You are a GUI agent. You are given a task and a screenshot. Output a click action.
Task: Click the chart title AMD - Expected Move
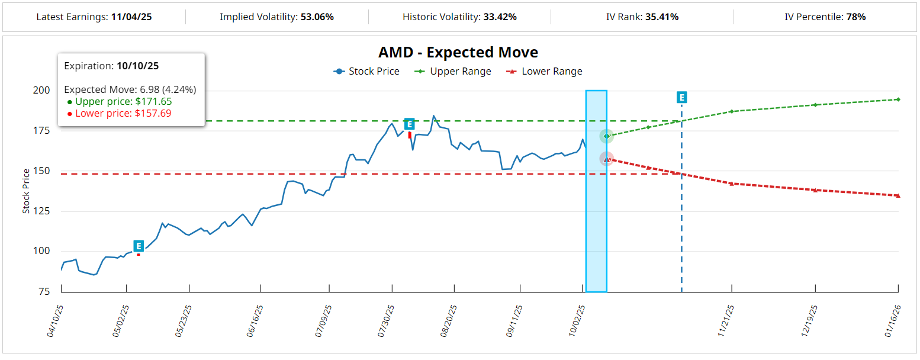tap(458, 52)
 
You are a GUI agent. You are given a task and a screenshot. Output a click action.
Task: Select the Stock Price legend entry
tap(367, 72)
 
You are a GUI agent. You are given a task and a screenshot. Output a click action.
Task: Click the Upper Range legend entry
tap(454, 72)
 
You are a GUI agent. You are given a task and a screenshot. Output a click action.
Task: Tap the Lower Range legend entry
tap(545, 72)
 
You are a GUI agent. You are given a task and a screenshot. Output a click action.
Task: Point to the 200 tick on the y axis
tap(41, 91)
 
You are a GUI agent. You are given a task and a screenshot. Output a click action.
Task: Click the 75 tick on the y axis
tap(44, 291)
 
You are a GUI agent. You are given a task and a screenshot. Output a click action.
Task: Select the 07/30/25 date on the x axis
tap(387, 321)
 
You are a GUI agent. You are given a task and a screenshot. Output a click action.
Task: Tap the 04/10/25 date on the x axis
tap(56, 321)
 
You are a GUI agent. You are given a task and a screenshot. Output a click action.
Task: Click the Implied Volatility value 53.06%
tap(317, 17)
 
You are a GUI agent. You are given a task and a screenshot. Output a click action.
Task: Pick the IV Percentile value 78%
tap(856, 17)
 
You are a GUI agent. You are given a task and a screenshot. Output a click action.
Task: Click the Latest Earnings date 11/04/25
tap(131, 17)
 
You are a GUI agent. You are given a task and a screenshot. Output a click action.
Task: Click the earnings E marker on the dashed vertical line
tap(681, 98)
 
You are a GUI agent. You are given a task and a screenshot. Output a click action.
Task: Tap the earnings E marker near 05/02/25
tap(139, 246)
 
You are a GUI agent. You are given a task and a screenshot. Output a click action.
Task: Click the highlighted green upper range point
tap(606, 136)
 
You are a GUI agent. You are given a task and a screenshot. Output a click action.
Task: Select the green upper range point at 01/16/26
tap(898, 99)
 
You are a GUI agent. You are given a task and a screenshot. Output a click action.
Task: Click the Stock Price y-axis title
tap(26, 191)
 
